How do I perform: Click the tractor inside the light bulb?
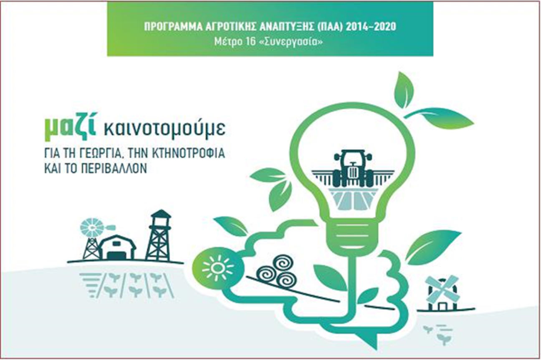click(353, 168)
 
